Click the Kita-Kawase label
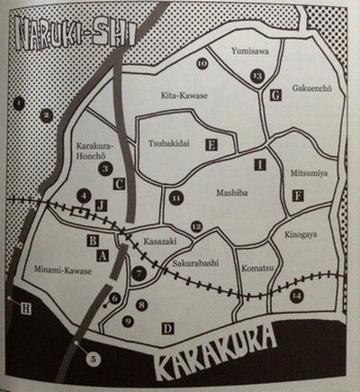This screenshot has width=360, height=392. [x=184, y=94]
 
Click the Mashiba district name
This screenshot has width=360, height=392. [x=233, y=193]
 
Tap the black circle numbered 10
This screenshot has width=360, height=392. [x=202, y=63]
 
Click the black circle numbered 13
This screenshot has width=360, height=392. [x=257, y=77]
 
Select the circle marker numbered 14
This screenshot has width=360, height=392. [x=297, y=295]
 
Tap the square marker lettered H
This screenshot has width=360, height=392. [x=26, y=309]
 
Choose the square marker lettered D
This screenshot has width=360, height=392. [x=167, y=329]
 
